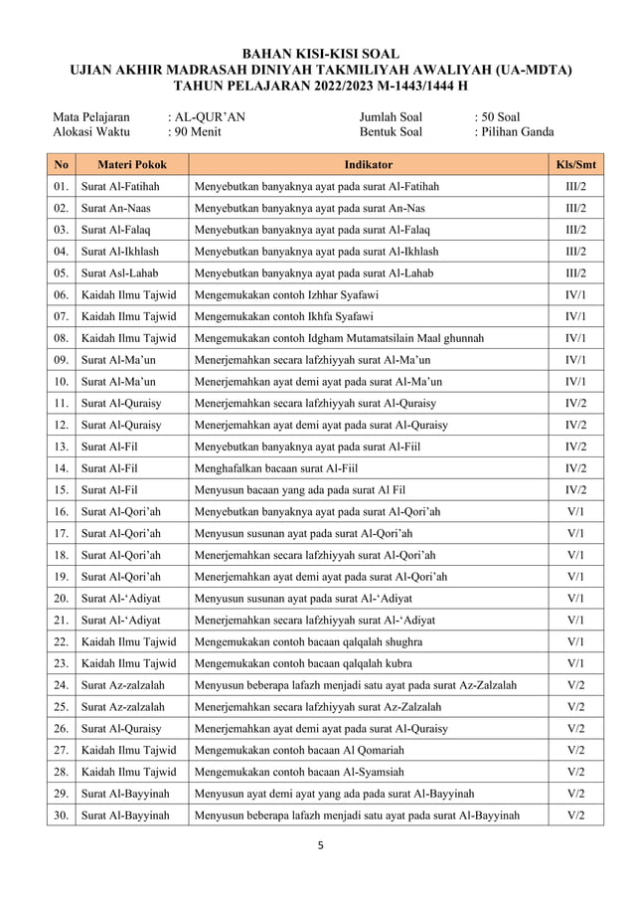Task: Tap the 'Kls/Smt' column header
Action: coord(575,165)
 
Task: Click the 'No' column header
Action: coord(61,165)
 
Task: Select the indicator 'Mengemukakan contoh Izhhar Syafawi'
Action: coord(287,295)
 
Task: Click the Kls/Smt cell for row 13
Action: coord(575,447)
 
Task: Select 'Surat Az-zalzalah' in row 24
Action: coord(123,685)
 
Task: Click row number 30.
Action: coord(61,815)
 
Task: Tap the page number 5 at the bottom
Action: coord(320,847)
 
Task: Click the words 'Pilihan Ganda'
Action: coord(518,131)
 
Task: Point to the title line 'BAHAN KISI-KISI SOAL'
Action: coord(319,54)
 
